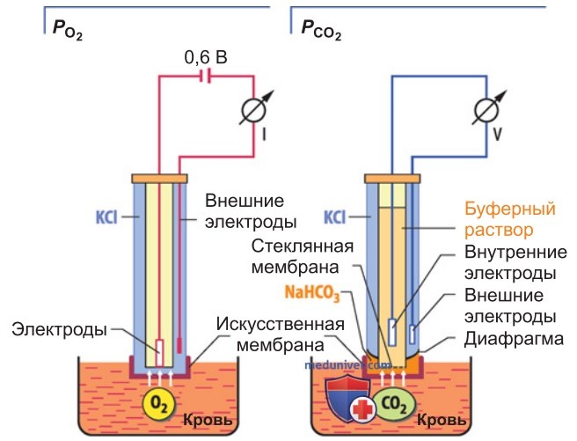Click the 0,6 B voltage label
[205, 58]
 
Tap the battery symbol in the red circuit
[205, 77]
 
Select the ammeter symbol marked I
[254, 108]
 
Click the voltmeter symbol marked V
[487, 109]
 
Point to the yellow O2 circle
[159, 404]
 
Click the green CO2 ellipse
[394, 404]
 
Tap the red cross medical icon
[363, 409]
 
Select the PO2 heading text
[68, 30]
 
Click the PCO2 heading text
[321, 30]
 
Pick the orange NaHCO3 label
[312, 294]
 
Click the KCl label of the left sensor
[106, 217]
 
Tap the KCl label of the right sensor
[334, 217]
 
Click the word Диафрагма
[514, 339]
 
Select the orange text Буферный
[510, 209]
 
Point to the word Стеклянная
[302, 246]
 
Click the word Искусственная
[281, 324]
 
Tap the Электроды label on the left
[59, 329]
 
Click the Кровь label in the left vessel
[208, 420]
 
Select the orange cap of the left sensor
[160, 179]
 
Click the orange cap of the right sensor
[392, 179]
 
